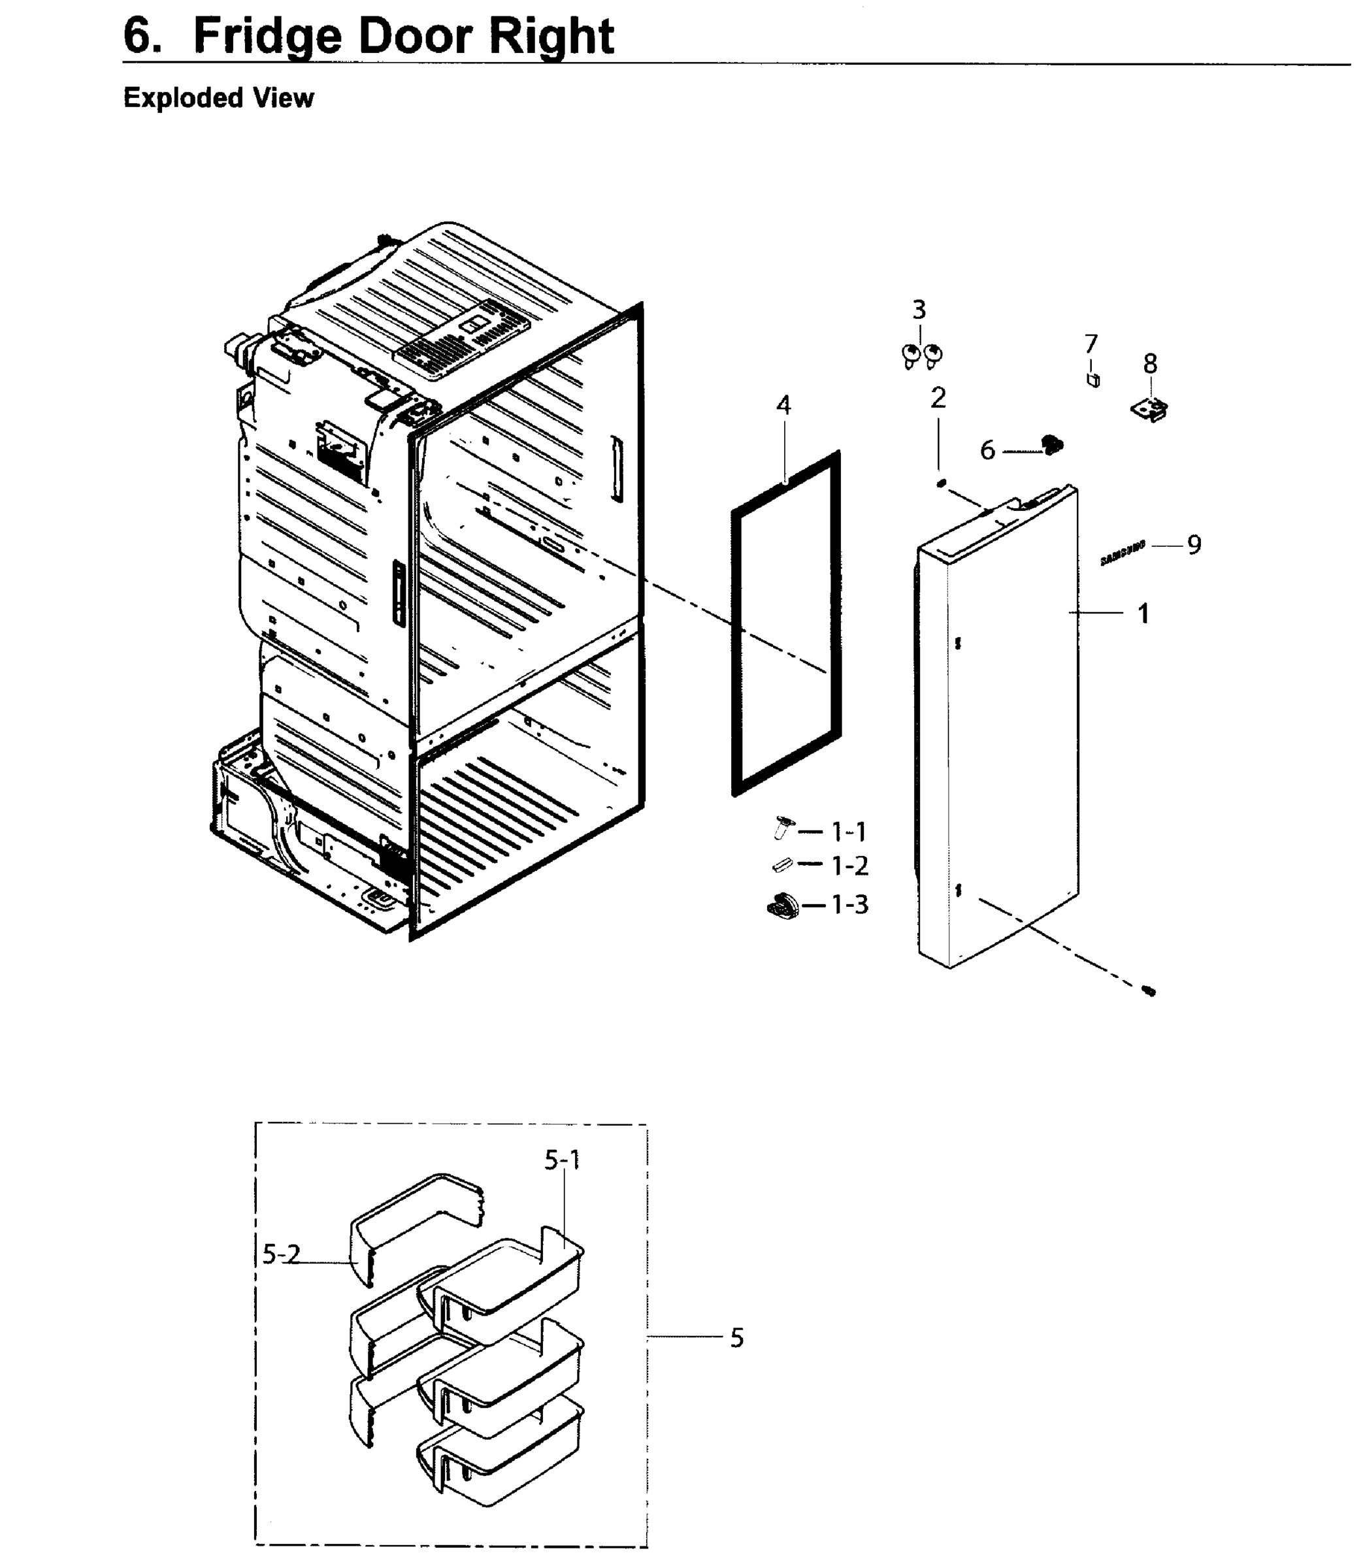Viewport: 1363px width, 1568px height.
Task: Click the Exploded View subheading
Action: [218, 98]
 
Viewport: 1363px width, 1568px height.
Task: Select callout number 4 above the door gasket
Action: [783, 405]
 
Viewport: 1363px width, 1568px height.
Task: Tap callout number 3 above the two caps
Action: [919, 310]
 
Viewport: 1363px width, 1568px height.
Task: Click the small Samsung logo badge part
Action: [1123, 555]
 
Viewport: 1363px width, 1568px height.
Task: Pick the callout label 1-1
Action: [848, 832]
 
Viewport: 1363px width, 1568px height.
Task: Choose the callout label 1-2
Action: [849, 866]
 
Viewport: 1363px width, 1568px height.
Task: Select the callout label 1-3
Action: [849, 904]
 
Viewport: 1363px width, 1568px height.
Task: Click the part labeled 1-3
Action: [783, 906]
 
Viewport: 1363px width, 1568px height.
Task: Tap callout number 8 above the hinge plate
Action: [1150, 365]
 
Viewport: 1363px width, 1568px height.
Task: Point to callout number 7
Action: [1091, 344]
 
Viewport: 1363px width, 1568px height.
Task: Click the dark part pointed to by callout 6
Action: [1053, 445]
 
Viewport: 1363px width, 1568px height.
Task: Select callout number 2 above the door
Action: [938, 398]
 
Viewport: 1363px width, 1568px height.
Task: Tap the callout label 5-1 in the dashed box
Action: [562, 1160]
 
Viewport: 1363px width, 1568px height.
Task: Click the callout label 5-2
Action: [282, 1254]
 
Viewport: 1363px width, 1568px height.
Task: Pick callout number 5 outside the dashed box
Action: [736, 1337]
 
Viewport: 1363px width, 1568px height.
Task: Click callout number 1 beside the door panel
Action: [1142, 613]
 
